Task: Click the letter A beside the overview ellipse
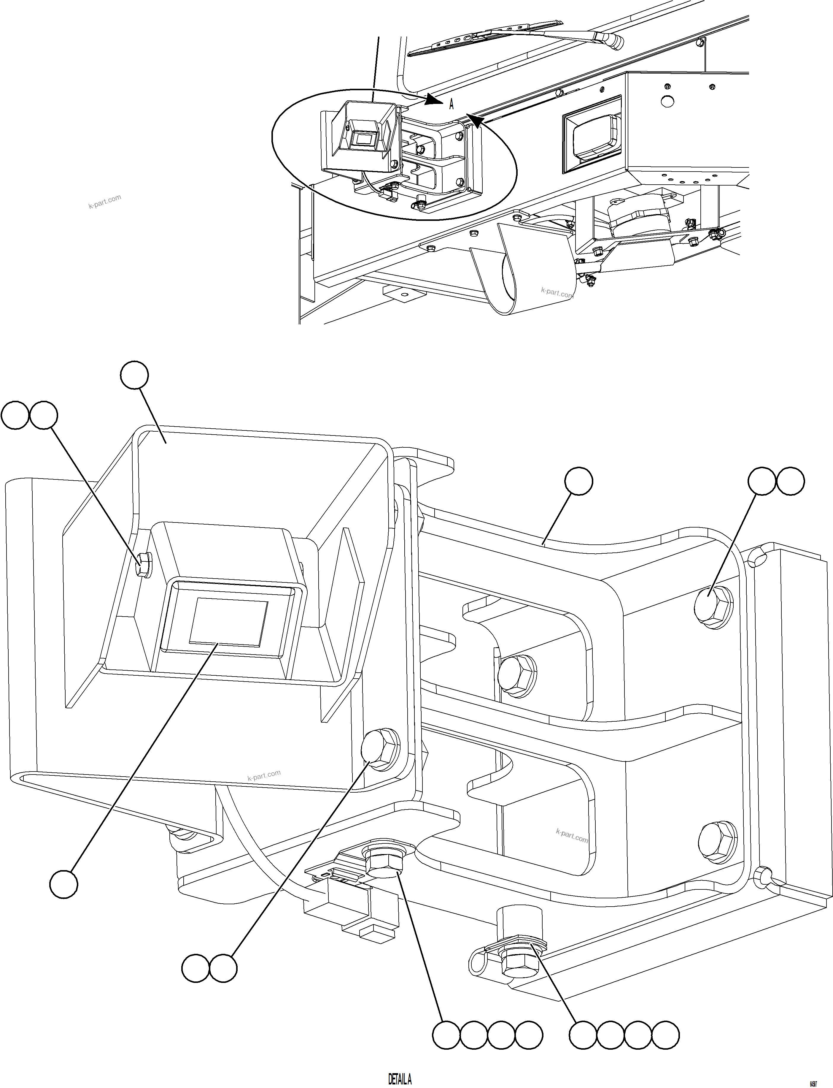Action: (451, 104)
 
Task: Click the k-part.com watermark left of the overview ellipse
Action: (105, 202)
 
